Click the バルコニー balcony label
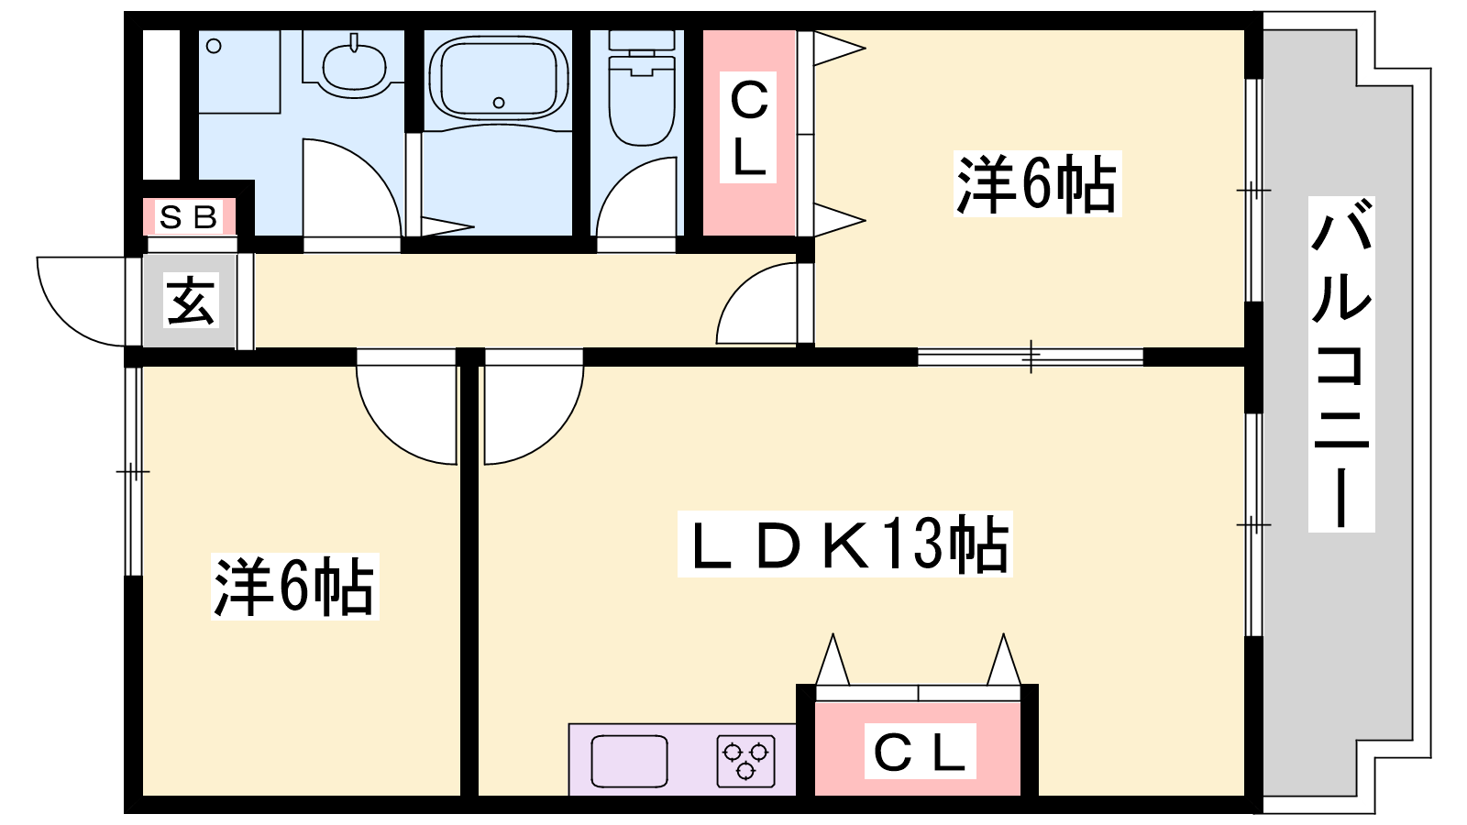tap(1341, 364)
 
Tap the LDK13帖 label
tap(844, 544)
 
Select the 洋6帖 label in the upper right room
tap(1037, 183)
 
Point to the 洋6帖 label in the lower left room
tap(294, 586)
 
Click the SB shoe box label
tap(189, 217)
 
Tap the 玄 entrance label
tap(191, 301)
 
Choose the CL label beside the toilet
tap(748, 127)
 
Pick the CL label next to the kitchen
tap(921, 751)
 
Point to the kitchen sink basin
tap(629, 761)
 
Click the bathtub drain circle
tap(499, 103)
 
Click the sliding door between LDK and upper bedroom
tap(1031, 357)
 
